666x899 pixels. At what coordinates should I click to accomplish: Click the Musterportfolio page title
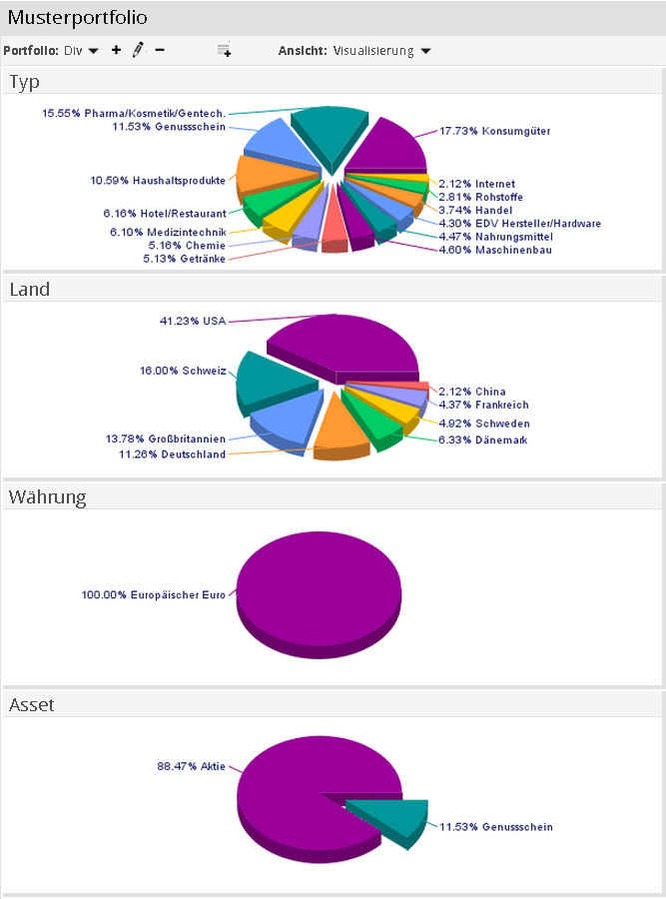pos(77,18)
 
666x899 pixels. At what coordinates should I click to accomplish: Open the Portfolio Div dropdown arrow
pos(94,50)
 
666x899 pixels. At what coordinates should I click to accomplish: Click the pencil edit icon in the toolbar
pos(138,49)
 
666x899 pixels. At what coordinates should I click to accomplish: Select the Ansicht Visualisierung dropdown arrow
pos(426,50)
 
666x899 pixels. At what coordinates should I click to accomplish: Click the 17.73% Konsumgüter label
pos(494,131)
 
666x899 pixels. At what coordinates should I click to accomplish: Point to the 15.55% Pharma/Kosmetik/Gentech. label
pos(133,113)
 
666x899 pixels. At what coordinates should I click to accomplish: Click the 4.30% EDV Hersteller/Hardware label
pos(519,224)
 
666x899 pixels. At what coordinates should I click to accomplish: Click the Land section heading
pos(29,290)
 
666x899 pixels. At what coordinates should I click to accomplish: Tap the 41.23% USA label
pos(193,321)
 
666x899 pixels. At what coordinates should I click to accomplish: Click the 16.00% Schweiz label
pos(183,371)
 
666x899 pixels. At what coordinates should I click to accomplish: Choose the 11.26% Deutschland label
pos(166,453)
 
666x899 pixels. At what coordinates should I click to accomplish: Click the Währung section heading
pos(47,497)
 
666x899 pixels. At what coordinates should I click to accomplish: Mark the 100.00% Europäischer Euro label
pos(154,594)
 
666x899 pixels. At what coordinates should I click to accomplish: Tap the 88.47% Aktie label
pos(191,766)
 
